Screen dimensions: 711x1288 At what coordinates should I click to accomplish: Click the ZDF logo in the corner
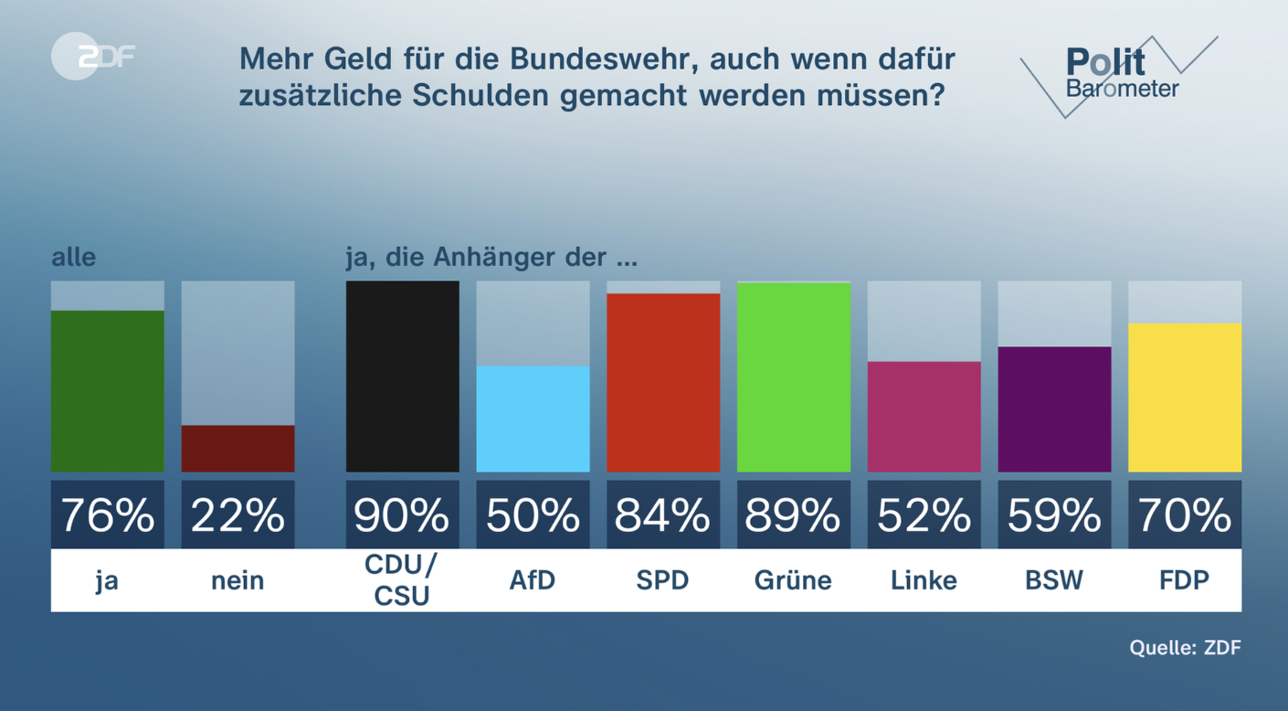(x=93, y=57)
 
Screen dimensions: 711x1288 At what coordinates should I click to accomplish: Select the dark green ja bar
(x=108, y=391)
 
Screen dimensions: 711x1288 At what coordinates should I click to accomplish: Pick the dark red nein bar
(x=238, y=448)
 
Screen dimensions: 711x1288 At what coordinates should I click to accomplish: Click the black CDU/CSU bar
(x=402, y=377)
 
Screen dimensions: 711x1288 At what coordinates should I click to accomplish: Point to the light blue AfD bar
(x=533, y=419)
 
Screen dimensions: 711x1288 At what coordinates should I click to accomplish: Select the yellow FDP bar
(x=1185, y=398)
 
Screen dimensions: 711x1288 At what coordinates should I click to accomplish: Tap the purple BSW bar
(x=1054, y=409)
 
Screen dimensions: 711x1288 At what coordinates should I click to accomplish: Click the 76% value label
(x=108, y=515)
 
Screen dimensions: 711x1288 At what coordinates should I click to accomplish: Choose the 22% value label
(x=238, y=515)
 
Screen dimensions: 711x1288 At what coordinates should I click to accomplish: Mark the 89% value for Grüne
(x=793, y=515)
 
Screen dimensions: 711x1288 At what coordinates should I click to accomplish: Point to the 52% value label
(x=924, y=515)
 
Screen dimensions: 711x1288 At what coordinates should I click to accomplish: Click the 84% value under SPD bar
(x=662, y=515)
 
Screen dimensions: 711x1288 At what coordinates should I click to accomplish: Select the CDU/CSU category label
(x=402, y=579)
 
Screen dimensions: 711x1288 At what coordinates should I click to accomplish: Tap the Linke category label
(x=924, y=580)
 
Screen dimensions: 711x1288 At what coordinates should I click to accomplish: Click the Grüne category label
(x=793, y=580)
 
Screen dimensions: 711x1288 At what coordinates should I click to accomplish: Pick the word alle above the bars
(x=73, y=257)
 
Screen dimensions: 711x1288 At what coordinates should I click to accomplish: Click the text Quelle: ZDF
(x=1185, y=648)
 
